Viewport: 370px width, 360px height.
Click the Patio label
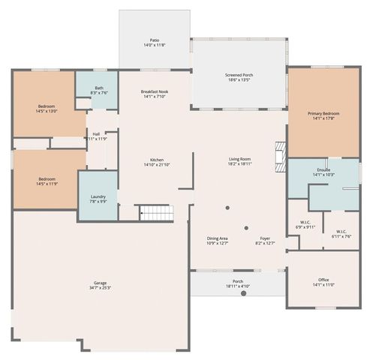pos(154,40)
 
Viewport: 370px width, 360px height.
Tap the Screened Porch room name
pos(239,76)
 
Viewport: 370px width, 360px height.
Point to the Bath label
pos(99,88)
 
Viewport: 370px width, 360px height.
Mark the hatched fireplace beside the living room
pos(281,157)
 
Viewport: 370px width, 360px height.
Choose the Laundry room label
pos(98,196)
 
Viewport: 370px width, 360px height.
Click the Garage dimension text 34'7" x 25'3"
pos(100,286)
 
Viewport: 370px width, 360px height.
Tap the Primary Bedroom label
pos(324,114)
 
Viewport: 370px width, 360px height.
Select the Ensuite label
pos(323,170)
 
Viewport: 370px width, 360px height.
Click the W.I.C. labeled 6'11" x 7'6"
pos(341,232)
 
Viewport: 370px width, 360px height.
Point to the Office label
pos(323,280)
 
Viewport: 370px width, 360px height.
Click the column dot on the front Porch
pos(243,293)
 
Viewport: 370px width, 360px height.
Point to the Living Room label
pos(239,159)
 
